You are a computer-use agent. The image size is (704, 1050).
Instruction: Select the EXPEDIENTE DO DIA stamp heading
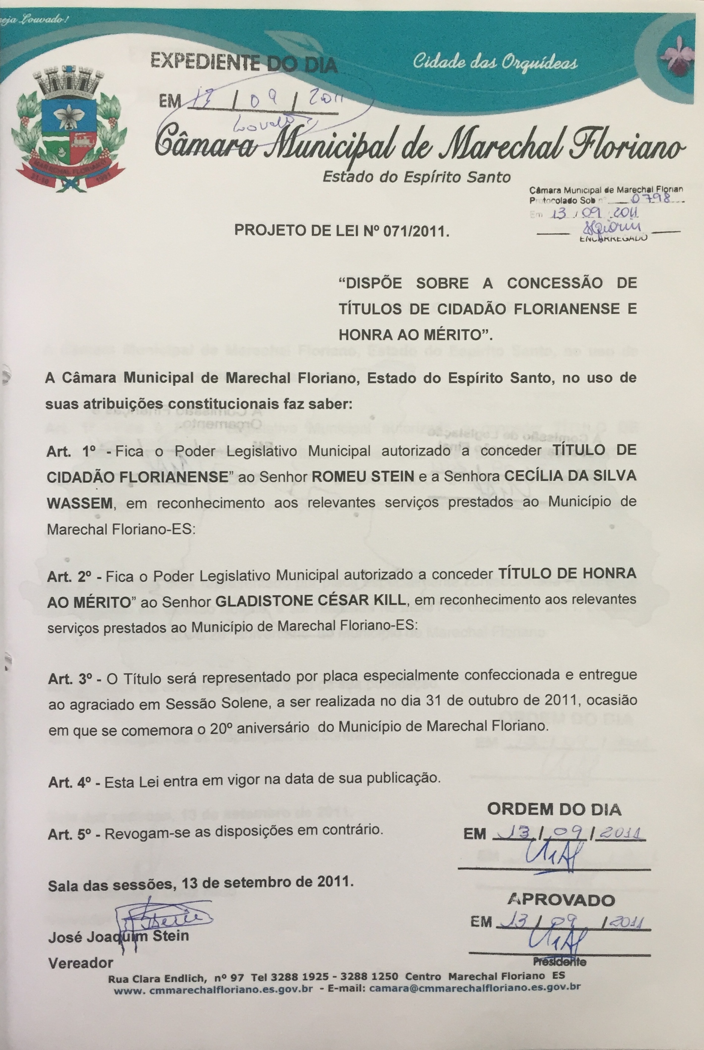[244, 62]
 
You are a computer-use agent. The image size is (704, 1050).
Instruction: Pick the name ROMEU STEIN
[363, 477]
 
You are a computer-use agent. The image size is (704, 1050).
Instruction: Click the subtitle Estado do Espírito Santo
[416, 177]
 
